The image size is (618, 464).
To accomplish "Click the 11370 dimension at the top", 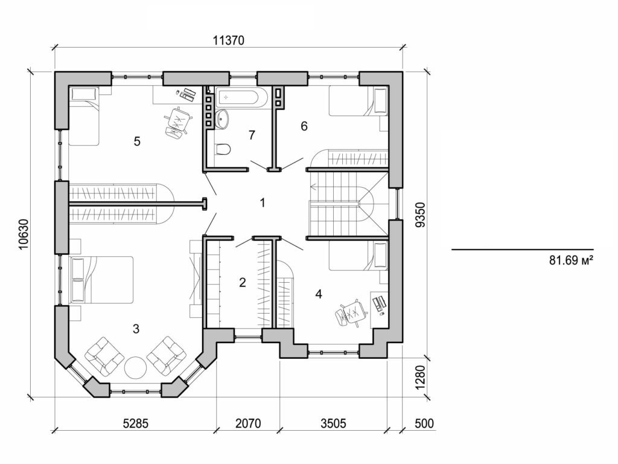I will [x=229, y=40].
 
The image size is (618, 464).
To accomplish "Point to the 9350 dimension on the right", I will [x=421, y=214].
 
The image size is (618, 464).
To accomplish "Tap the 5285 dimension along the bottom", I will [x=135, y=424].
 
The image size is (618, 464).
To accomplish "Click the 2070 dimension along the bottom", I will [x=247, y=424].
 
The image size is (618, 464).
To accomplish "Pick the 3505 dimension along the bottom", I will [x=333, y=424].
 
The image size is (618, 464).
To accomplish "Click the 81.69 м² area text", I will [x=568, y=261].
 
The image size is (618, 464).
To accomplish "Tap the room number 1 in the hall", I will [x=263, y=202].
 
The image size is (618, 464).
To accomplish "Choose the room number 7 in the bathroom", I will [x=252, y=135].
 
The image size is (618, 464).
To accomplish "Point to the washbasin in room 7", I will [x=223, y=118].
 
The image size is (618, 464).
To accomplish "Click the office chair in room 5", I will [x=176, y=122].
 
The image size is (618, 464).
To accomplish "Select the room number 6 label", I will [x=304, y=126].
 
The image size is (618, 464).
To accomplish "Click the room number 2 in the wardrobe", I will [x=243, y=282].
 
